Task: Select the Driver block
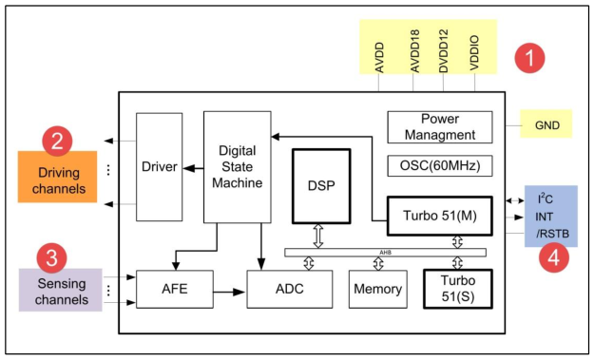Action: pyautogui.click(x=160, y=167)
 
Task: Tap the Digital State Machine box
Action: pyautogui.click(x=238, y=166)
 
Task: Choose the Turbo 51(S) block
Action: pyautogui.click(x=456, y=288)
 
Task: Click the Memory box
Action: pyautogui.click(x=376, y=289)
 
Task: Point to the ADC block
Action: pyautogui.click(x=289, y=289)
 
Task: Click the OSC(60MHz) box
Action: pyautogui.click(x=440, y=166)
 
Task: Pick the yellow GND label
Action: pyautogui.click(x=546, y=124)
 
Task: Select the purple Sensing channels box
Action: pyautogui.click(x=59, y=291)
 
